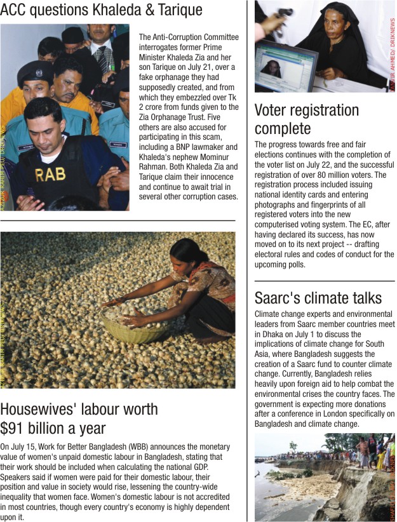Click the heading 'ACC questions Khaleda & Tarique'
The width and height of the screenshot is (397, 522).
pos(102,10)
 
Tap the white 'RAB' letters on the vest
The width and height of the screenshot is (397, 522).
pos(50,175)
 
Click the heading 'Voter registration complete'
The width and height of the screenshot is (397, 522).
pos(306,119)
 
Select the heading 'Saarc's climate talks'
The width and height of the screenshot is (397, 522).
pos(318,298)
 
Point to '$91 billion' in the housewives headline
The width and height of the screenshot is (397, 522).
pos(32,427)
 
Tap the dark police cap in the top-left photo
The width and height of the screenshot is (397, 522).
pos(36,71)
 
